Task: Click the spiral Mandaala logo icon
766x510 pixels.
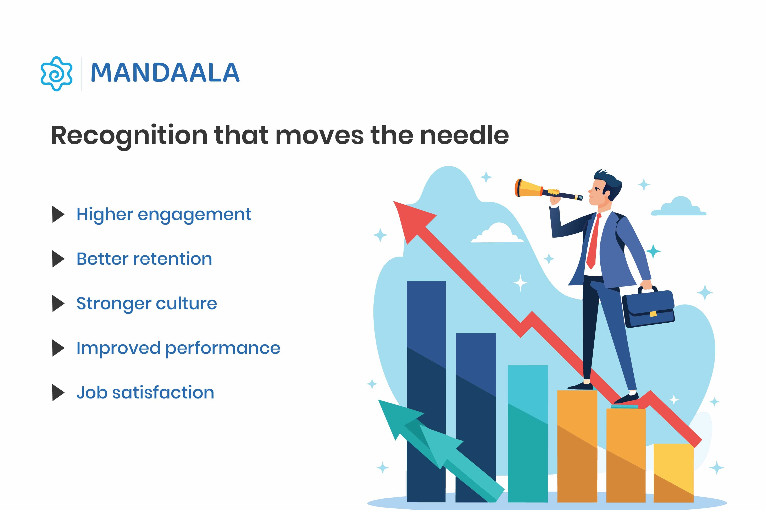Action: [x=56, y=74]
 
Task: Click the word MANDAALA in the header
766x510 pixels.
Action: [x=165, y=73]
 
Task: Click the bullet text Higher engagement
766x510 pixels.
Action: [x=164, y=215]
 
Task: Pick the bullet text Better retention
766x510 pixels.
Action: [x=144, y=259]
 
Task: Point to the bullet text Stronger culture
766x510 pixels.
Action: [x=146, y=304]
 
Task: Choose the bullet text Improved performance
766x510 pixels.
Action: [x=178, y=348]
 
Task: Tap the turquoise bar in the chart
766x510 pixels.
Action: [x=527, y=433]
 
